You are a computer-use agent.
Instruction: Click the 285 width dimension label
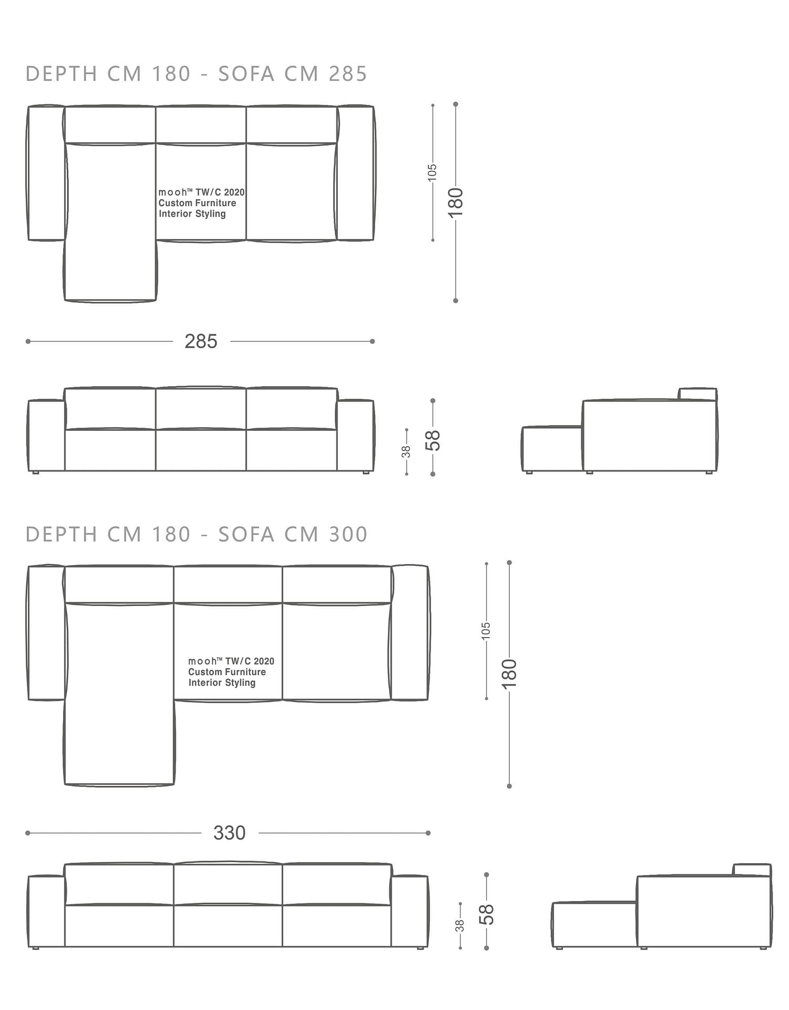click(x=201, y=341)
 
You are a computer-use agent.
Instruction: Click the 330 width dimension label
click(x=229, y=833)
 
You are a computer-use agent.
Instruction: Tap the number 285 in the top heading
click(x=348, y=74)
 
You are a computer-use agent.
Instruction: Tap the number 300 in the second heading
click(x=348, y=534)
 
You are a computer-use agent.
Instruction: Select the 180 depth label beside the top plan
click(x=456, y=202)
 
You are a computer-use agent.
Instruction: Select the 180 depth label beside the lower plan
click(x=509, y=673)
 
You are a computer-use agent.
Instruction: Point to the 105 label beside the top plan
click(x=432, y=173)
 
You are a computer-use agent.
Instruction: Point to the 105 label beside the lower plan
click(x=486, y=631)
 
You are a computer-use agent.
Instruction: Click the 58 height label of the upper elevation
click(x=433, y=440)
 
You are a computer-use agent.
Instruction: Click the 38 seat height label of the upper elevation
click(x=406, y=452)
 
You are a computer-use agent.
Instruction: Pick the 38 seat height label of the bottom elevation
click(x=460, y=925)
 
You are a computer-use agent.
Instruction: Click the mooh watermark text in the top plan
click(x=201, y=203)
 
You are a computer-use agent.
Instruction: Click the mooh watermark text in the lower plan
click(x=231, y=672)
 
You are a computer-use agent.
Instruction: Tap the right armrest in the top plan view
click(x=356, y=173)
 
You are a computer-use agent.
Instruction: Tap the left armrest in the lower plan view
click(x=46, y=633)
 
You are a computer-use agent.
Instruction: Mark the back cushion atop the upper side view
click(x=698, y=394)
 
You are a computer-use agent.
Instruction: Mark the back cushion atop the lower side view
click(x=752, y=870)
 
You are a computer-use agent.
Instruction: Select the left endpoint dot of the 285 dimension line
click(x=28, y=341)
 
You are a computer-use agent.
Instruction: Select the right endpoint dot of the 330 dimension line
click(x=428, y=833)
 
